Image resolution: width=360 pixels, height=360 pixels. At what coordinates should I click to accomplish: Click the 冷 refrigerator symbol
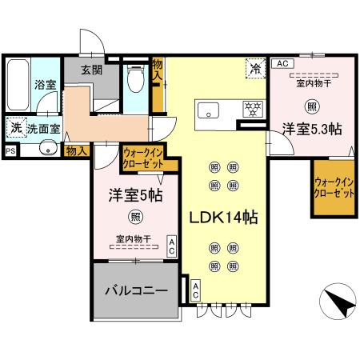click(x=254, y=70)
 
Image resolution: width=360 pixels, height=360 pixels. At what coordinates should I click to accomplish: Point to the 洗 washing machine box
click(x=15, y=126)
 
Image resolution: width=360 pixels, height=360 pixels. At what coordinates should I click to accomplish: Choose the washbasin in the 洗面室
click(x=48, y=147)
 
